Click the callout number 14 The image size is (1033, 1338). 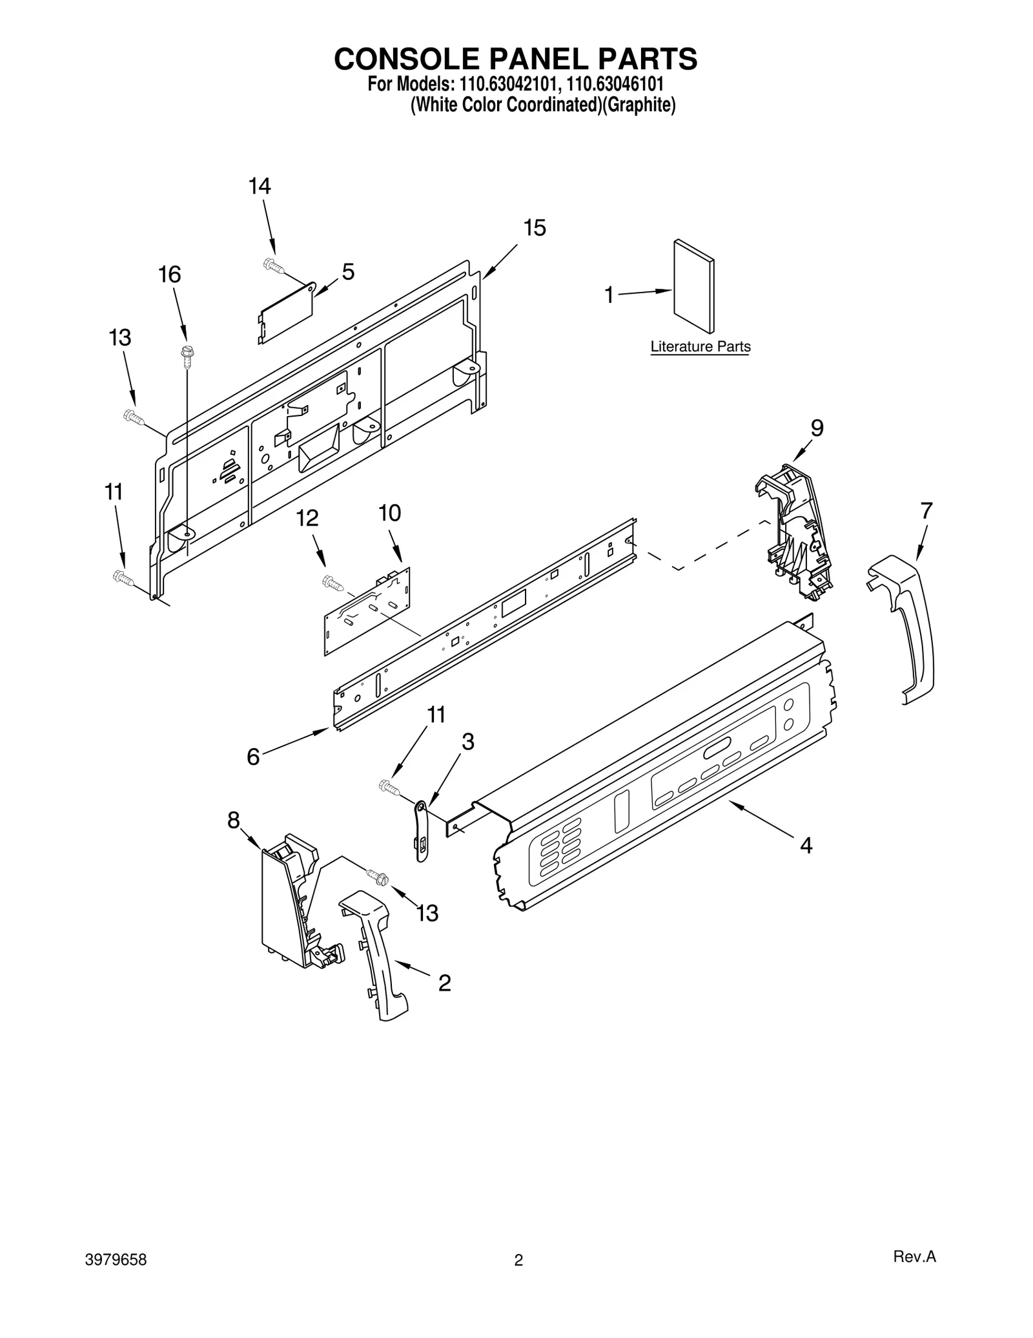(260, 187)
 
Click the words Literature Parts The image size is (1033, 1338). (700, 347)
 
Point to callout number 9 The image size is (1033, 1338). (817, 428)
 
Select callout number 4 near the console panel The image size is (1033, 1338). (806, 845)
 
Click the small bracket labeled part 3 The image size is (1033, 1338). (421, 831)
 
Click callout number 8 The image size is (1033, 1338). (234, 821)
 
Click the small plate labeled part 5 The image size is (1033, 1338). (287, 313)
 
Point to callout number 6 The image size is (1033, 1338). (253, 757)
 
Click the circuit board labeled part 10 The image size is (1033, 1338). (367, 611)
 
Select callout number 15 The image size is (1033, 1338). (535, 228)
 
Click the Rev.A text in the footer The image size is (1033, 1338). (914, 1275)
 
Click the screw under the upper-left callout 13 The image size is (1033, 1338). (133, 417)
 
